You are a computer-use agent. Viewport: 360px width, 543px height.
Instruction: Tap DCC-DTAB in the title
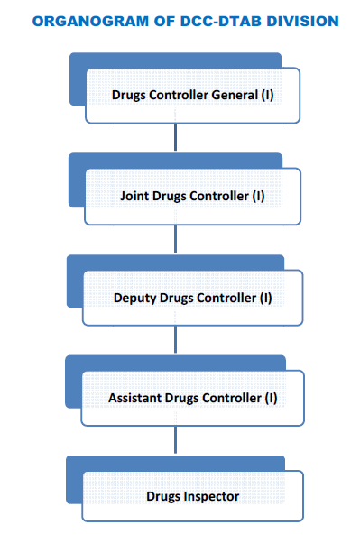pyautogui.click(x=217, y=20)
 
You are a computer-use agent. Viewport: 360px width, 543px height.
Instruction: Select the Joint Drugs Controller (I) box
pyautogui.click(x=192, y=196)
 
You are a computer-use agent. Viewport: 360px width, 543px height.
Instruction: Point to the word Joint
pyautogui.click(x=135, y=196)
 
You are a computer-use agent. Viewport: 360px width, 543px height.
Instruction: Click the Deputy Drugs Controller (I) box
pyautogui.click(x=192, y=298)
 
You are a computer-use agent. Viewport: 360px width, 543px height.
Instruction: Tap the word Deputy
pyautogui.click(x=134, y=298)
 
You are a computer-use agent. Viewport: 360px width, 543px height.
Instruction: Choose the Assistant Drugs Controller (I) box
pyautogui.click(x=192, y=398)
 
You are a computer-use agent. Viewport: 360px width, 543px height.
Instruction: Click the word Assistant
pyautogui.click(x=136, y=398)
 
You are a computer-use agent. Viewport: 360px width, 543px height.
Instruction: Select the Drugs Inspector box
pyautogui.click(x=192, y=496)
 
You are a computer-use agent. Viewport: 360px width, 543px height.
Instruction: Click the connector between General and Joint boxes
pyautogui.click(x=175, y=137)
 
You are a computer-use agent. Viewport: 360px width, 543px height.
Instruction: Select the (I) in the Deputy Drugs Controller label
pyautogui.click(x=265, y=298)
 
